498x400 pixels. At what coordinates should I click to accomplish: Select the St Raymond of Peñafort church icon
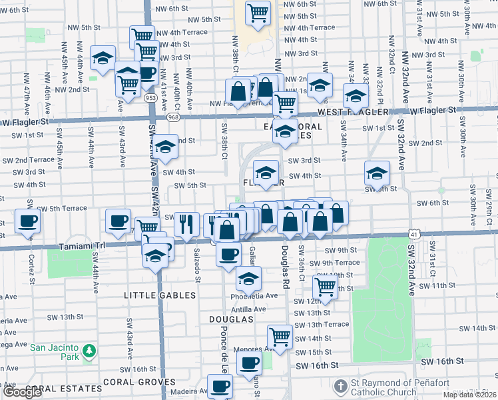(340, 386)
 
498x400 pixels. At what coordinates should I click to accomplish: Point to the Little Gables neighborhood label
(154, 294)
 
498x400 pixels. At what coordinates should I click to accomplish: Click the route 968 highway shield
(174, 118)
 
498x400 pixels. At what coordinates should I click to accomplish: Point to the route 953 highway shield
(152, 98)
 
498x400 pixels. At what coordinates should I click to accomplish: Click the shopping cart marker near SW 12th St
(325, 286)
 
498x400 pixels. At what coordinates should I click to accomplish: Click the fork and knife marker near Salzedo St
(186, 223)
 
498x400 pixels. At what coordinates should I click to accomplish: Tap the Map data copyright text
(469, 395)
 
